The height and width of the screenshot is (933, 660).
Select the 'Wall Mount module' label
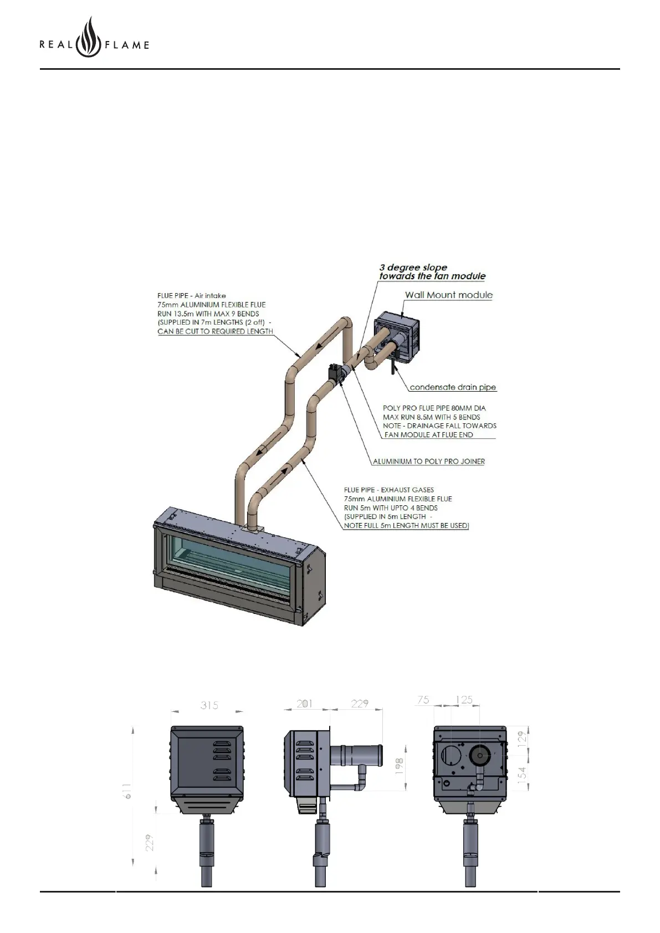pos(448,295)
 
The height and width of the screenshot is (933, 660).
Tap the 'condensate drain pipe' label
pos(453,387)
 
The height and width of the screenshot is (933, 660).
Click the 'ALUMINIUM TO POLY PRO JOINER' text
pos(428,461)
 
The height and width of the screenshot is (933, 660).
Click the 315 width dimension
pos(209,705)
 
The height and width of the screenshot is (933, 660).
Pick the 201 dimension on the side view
pos(304,704)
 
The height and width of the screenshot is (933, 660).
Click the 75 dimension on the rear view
pos(423,700)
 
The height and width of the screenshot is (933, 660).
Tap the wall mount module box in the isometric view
pos(396,338)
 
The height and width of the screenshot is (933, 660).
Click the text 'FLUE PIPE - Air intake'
pos(192,296)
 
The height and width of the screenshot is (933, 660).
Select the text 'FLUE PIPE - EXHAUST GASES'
pos(388,490)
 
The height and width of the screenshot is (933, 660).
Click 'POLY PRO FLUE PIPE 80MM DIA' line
pos(434,408)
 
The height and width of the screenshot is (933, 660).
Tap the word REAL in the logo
pos(56,45)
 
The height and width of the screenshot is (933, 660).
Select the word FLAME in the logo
pos(127,45)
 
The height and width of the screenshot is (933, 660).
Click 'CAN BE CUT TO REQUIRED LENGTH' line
pos(215,331)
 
